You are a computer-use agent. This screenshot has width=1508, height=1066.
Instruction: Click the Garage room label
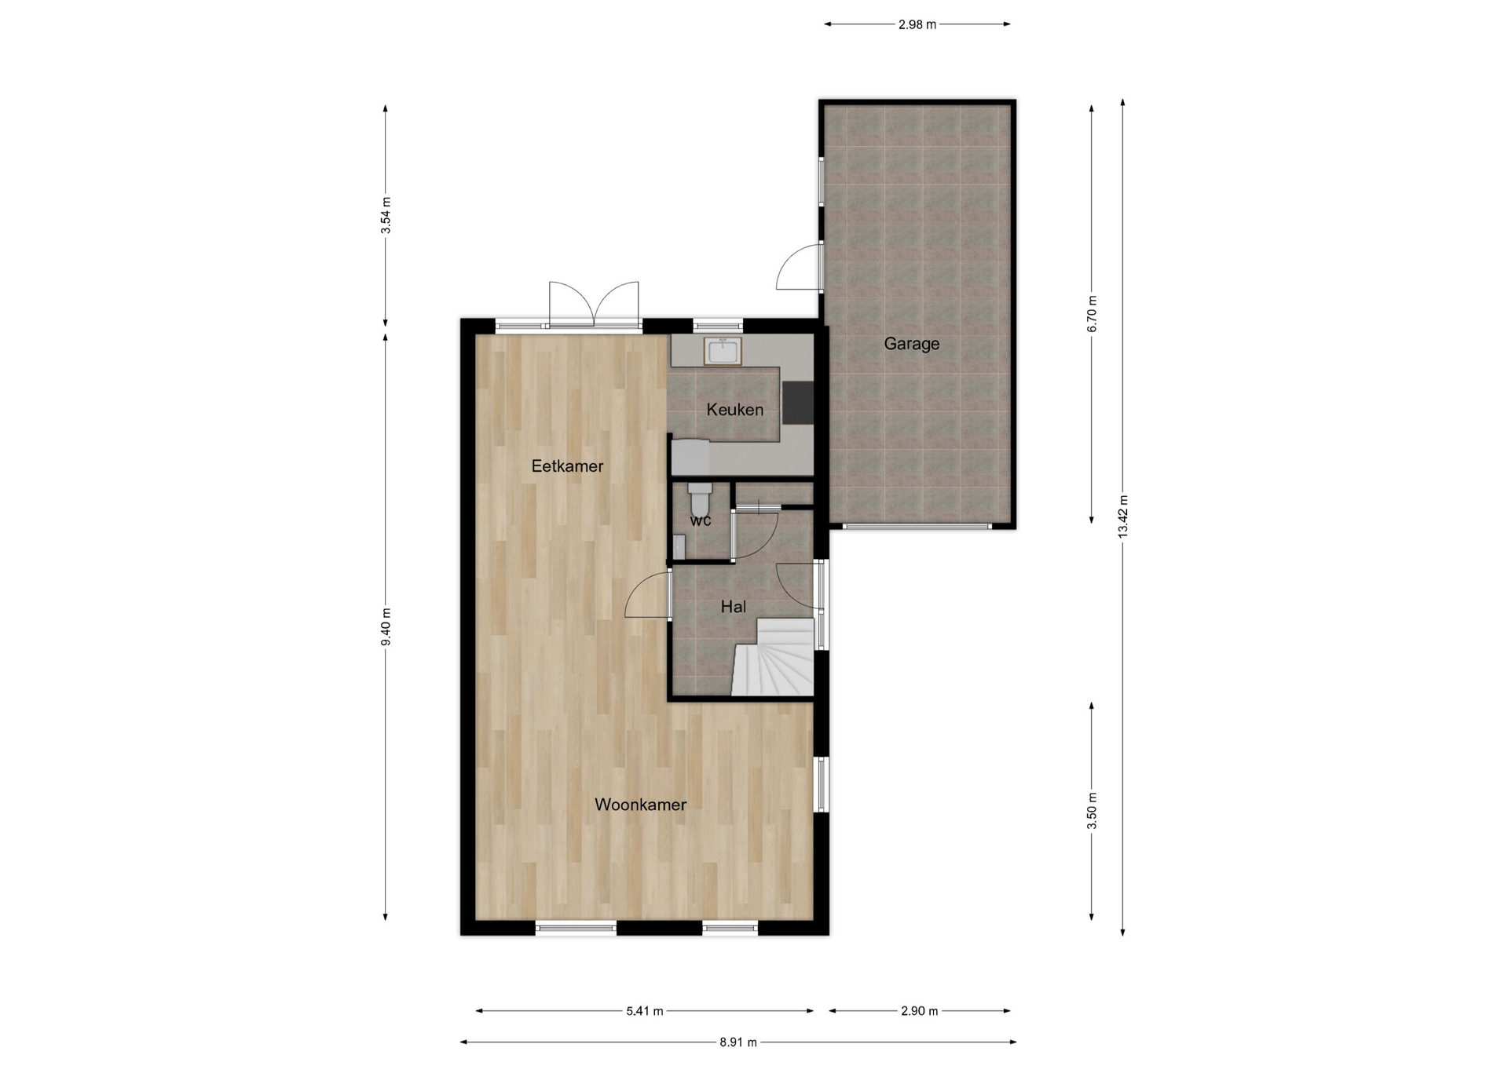pos(911,344)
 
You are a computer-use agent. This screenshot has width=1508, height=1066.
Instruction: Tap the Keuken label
pos(734,409)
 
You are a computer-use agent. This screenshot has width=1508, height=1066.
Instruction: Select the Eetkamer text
pos(567,466)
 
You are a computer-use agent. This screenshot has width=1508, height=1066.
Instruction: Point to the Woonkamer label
pos(640,805)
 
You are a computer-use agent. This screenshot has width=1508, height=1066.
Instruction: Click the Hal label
pos(734,607)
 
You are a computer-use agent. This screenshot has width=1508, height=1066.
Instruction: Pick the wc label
pos(701,520)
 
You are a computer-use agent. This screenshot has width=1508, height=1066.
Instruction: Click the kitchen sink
pos(722,351)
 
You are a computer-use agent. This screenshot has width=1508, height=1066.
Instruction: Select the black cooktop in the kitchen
pos(799,402)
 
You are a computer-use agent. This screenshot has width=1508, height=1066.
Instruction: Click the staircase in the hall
pos(774,657)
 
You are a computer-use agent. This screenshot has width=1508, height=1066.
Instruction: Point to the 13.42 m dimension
pos(1123,516)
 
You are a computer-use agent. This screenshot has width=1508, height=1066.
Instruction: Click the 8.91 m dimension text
pos(738,1042)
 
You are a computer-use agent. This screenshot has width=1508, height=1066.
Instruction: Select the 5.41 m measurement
pos(645,1011)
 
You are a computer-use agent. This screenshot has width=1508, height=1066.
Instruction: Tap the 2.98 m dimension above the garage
pos(917,24)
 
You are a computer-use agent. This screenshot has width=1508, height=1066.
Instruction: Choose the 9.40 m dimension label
pos(386,627)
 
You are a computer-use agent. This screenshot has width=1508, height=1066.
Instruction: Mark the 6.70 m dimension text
pos(1092,313)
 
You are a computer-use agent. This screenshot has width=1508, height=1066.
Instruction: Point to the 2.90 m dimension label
pos(920,1011)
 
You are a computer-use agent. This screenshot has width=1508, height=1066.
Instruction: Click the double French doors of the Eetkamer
pos(594,305)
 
